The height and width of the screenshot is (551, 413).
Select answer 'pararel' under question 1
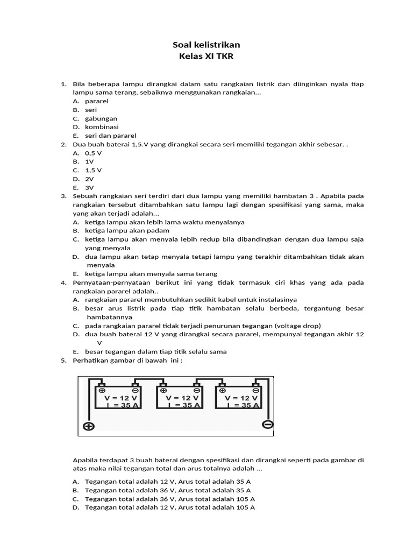coord(97,101)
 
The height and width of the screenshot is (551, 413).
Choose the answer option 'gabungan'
coord(101,118)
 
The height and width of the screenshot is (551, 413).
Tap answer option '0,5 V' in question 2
coord(94,153)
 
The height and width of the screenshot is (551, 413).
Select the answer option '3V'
coord(89,187)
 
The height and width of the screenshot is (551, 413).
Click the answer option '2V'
coord(89,179)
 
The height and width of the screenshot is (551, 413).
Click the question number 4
coord(63,282)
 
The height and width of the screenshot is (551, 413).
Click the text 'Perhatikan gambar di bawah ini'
coord(127,361)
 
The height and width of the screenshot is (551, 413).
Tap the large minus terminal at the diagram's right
coord(268,425)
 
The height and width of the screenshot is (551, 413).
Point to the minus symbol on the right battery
coord(256,390)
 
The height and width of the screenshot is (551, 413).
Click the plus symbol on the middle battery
coord(163,390)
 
